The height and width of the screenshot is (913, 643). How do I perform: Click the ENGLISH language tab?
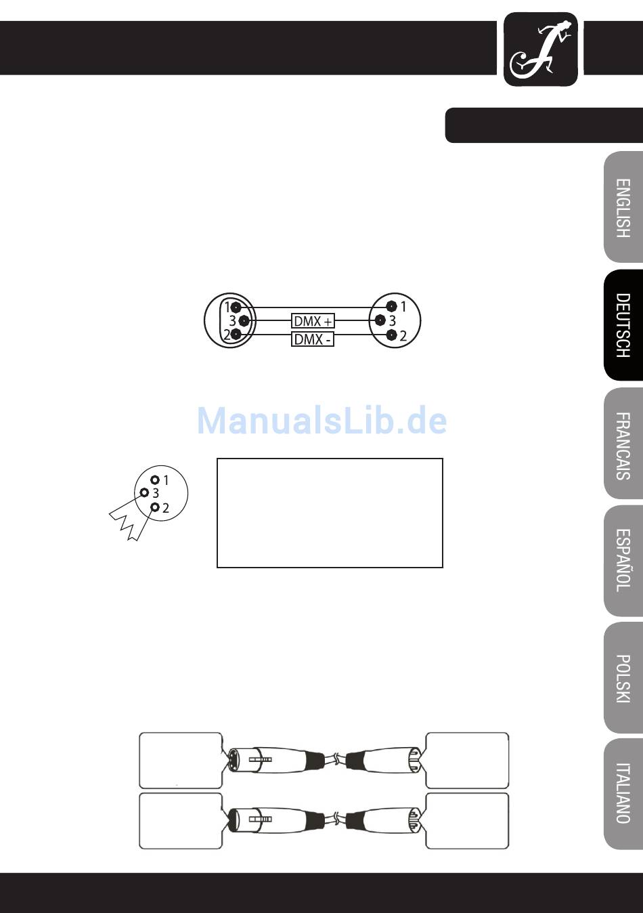point(623,207)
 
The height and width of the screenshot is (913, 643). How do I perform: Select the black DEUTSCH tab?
point(623,325)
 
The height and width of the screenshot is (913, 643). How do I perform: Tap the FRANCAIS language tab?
point(623,444)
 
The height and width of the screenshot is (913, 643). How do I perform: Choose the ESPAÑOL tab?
point(623,561)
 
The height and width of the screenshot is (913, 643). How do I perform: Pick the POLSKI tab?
point(623,678)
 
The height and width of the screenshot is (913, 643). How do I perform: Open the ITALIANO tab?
point(623,793)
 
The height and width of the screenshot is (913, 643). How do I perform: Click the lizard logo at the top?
point(541,50)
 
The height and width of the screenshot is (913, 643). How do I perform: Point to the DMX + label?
point(313,320)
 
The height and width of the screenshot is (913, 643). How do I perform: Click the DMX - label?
point(313,339)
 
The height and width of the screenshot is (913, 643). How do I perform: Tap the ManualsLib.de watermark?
point(322,421)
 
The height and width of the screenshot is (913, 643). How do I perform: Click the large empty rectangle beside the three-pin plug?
point(330,513)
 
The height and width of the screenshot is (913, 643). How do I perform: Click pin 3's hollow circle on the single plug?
point(144,492)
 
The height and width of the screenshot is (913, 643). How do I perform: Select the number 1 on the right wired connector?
point(403,307)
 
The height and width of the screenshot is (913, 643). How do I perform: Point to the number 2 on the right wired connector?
point(403,335)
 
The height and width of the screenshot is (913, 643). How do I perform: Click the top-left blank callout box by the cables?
point(181,760)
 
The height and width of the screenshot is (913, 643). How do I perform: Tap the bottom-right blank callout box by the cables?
point(467,820)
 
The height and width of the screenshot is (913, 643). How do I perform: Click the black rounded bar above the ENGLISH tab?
point(544,125)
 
